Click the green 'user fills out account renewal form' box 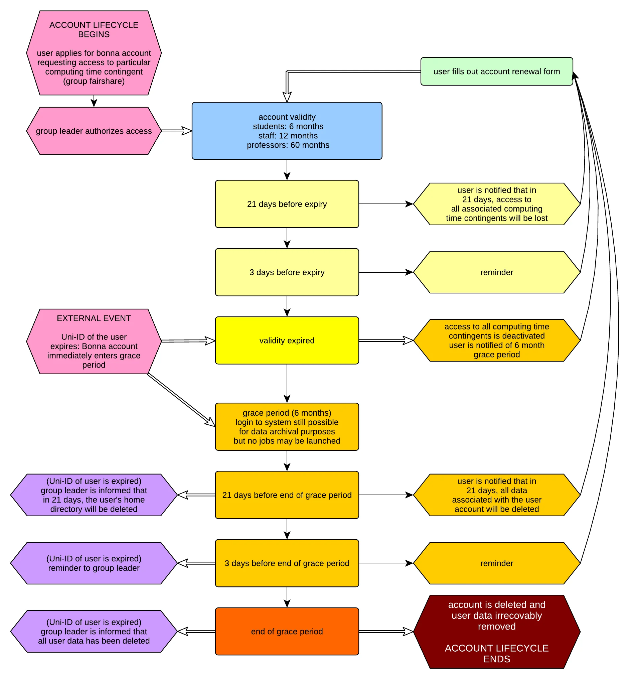(496, 71)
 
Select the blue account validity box (287, 131)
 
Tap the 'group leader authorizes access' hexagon (94, 131)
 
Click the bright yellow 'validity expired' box (287, 341)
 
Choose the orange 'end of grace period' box (287, 631)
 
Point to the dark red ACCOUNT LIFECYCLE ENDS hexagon (496, 631)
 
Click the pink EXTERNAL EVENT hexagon (94, 342)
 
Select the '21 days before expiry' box (287, 204)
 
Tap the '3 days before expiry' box (287, 272)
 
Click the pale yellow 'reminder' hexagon (496, 272)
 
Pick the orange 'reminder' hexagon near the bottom (496, 563)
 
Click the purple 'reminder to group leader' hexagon (94, 563)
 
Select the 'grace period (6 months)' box (287, 427)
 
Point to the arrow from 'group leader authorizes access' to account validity (176, 131)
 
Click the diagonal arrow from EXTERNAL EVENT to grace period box (181, 400)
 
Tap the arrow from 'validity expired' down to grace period (287, 383)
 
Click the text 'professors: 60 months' (288, 145)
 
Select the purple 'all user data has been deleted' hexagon (94, 631)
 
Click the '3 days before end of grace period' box (287, 563)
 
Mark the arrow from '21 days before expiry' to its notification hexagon (385, 204)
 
